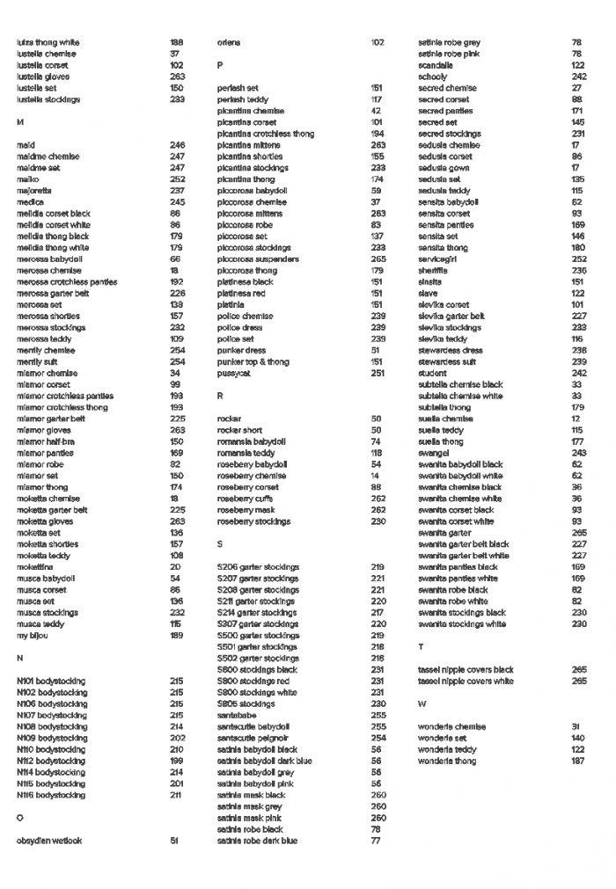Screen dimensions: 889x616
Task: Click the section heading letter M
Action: (x=19, y=122)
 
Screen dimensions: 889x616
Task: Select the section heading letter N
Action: (x=19, y=658)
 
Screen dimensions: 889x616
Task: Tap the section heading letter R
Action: (x=220, y=396)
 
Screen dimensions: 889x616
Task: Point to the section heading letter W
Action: (x=422, y=703)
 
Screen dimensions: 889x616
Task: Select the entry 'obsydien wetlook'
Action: (x=49, y=841)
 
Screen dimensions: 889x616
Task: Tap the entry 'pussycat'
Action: (x=234, y=373)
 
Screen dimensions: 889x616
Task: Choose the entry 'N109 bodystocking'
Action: (x=52, y=738)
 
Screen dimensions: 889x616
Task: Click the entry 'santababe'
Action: (x=238, y=715)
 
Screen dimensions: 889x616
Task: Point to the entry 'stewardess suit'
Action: (x=447, y=361)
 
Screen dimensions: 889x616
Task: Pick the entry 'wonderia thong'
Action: (x=447, y=761)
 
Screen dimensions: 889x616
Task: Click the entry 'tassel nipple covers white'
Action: (x=466, y=681)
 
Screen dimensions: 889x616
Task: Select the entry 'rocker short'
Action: (x=239, y=430)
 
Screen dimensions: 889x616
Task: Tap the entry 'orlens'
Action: (x=229, y=42)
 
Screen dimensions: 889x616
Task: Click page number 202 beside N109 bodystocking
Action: (x=177, y=738)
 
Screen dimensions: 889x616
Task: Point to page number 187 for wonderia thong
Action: (x=578, y=761)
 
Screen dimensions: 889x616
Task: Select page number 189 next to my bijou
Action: (x=177, y=635)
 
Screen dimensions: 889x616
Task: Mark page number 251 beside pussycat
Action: (x=378, y=373)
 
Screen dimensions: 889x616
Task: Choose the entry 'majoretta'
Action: (x=34, y=190)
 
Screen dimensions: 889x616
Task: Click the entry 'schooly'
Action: (x=433, y=77)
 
